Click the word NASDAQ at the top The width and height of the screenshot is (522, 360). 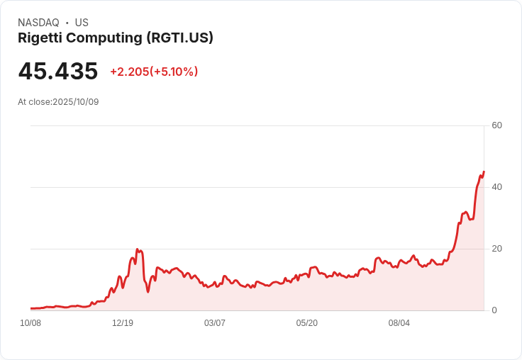tap(38, 23)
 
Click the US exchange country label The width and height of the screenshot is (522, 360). tap(82, 23)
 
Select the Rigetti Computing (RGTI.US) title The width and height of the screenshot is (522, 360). tap(116, 38)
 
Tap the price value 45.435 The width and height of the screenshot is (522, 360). tap(58, 72)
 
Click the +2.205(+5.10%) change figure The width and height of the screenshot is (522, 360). tap(154, 72)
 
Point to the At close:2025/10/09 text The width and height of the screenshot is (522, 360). tap(58, 102)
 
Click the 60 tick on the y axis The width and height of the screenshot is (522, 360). tap(496, 125)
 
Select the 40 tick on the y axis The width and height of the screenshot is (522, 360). tap(496, 187)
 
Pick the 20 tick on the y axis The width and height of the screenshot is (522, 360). tap(496, 249)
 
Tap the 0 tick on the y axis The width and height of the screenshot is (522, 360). tap(494, 310)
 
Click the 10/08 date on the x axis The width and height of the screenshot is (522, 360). tap(30, 323)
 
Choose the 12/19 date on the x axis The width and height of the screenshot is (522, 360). tap(123, 323)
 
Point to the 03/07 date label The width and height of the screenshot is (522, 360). tap(215, 323)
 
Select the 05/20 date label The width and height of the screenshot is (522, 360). tap(307, 323)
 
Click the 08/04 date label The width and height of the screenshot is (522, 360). tap(399, 323)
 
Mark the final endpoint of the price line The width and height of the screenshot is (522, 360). tap(484, 171)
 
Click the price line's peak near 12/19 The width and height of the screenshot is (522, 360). tap(138, 249)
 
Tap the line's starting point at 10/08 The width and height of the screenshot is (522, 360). tap(31, 308)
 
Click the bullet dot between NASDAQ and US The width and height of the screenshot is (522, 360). tap(67, 23)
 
